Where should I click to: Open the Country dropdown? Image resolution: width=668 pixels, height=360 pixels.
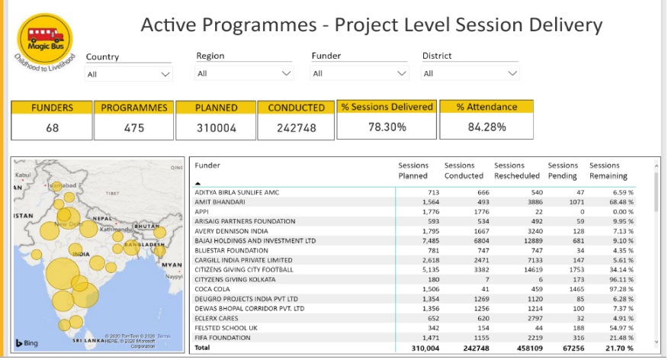(129, 74)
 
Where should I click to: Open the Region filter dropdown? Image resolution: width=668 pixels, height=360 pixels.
(244, 73)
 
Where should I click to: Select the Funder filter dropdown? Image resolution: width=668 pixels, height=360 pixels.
(360, 73)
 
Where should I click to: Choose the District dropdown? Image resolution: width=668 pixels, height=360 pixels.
(470, 73)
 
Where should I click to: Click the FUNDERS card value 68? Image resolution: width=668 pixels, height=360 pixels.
(52, 128)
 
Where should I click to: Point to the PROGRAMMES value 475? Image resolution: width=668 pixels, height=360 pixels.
(133, 128)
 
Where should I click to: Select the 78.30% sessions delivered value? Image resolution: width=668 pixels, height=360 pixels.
(387, 127)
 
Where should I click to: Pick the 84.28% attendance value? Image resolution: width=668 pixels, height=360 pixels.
(487, 127)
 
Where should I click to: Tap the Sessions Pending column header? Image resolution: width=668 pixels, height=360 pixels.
(563, 170)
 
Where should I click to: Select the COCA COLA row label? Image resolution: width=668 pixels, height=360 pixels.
(217, 289)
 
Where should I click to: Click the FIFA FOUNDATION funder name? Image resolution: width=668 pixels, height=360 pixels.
(223, 337)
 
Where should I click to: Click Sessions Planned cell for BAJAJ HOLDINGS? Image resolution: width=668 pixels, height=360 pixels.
(428, 240)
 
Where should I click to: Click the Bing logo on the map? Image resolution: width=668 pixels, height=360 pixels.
(27, 343)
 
